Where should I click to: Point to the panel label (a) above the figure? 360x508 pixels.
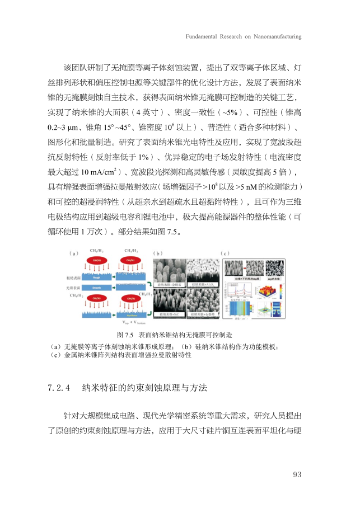click(x=73, y=253)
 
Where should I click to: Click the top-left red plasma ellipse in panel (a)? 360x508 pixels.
click(x=97, y=260)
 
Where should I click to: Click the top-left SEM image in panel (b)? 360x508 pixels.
click(x=167, y=271)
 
